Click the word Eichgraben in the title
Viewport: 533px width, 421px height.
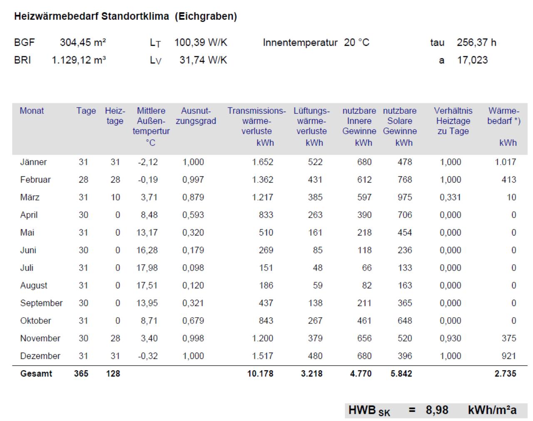click(206, 16)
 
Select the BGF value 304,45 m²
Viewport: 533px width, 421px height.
click(83, 43)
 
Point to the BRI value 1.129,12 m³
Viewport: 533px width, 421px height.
click(79, 60)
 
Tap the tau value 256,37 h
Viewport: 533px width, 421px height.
click(476, 43)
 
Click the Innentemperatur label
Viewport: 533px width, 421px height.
click(300, 43)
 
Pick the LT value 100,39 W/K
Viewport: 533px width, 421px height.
click(201, 43)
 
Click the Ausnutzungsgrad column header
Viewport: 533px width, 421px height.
click(196, 116)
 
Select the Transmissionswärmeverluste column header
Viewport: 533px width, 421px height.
click(257, 121)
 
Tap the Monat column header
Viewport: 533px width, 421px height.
click(32, 110)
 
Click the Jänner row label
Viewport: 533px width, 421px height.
click(33, 162)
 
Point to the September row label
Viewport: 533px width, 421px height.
click(41, 303)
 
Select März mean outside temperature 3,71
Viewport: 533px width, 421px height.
click(149, 197)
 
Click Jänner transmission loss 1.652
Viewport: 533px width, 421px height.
click(262, 162)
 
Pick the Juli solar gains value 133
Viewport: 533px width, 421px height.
click(405, 268)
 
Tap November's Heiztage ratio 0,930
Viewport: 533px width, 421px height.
click(450, 338)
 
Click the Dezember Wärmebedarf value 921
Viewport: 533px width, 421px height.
click(509, 356)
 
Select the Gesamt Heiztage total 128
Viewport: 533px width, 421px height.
click(113, 373)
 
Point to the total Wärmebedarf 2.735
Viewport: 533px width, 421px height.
click(505, 373)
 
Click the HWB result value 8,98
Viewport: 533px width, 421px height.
click(437, 410)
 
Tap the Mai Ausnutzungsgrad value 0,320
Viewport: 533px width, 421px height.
click(193, 232)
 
